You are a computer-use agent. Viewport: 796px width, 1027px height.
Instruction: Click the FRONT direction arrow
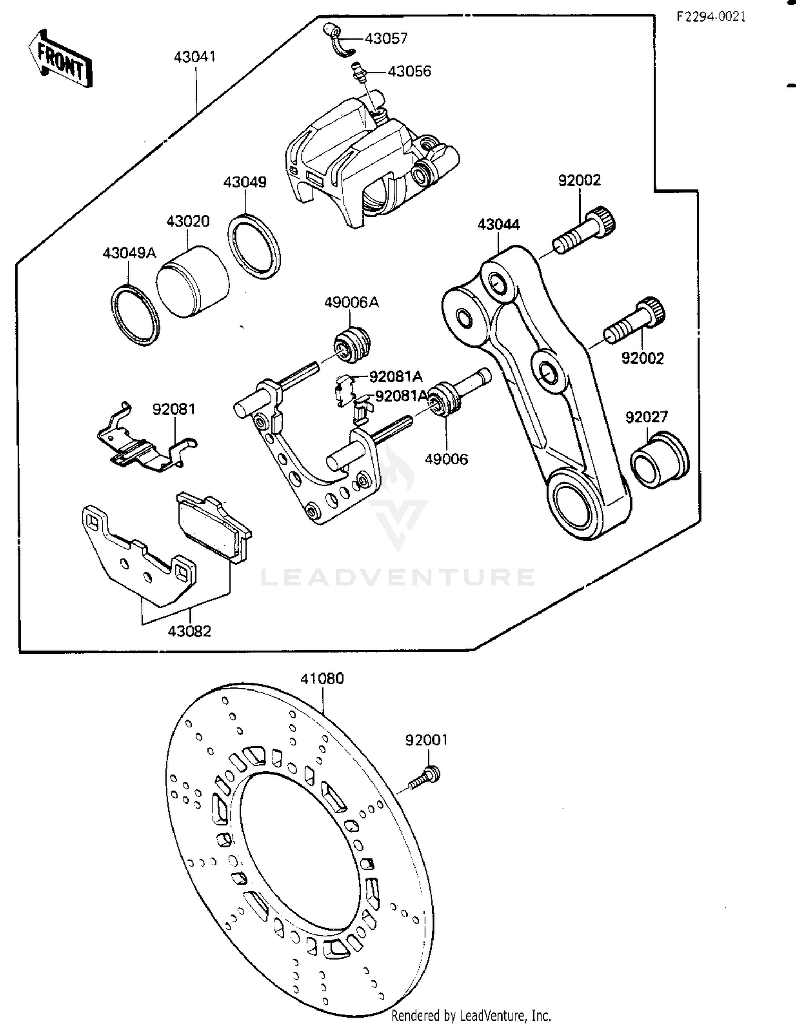pyautogui.click(x=59, y=59)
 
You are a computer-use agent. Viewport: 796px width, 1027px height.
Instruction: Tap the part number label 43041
pyautogui.click(x=195, y=57)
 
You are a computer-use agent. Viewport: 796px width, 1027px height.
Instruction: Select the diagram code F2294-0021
pyautogui.click(x=711, y=17)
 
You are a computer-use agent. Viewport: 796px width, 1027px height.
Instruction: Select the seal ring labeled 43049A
pyautogui.click(x=135, y=315)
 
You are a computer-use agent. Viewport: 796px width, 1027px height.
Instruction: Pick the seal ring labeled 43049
pyautogui.click(x=254, y=246)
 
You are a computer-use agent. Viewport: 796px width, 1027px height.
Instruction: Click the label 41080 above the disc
pyautogui.click(x=322, y=678)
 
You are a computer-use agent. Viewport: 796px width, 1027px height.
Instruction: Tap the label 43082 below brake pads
pyautogui.click(x=189, y=631)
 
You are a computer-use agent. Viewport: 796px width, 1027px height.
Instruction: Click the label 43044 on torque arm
pyautogui.click(x=498, y=225)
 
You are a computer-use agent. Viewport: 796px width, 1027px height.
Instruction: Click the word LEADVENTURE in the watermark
pyautogui.click(x=397, y=577)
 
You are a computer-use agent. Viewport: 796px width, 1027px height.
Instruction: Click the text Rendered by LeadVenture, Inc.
pyautogui.click(x=471, y=1015)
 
